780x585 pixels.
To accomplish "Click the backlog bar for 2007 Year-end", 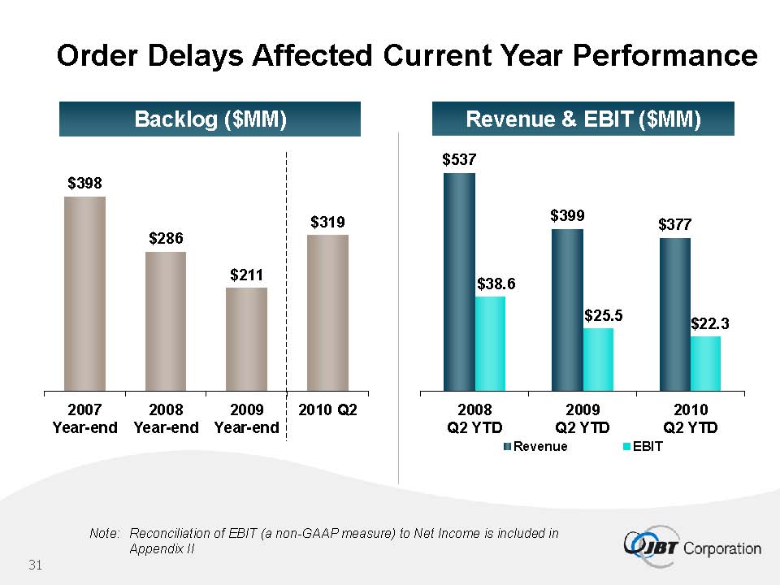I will [84, 293].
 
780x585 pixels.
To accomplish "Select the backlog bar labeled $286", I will [166, 321].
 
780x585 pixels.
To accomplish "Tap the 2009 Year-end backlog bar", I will [246, 339].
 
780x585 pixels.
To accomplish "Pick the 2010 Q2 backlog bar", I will [327, 313].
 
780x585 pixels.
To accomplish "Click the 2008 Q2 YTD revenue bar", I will [459, 281].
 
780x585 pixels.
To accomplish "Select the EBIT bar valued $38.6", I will [490, 343].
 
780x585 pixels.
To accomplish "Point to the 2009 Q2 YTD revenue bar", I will [567, 310].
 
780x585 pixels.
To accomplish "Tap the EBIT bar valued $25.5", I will [598, 359].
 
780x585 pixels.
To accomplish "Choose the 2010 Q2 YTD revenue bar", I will [674, 314].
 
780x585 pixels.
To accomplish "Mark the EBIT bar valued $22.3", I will [705, 363].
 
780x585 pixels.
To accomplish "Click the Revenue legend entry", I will [535, 446].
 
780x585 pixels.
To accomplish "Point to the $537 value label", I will [459, 160].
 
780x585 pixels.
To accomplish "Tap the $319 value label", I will [327, 221].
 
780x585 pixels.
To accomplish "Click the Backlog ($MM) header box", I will [210, 119].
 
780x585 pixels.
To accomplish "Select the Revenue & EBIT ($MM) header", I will [583, 119].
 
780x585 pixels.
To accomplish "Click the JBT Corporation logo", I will [692, 547].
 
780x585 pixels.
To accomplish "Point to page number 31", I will [35, 564].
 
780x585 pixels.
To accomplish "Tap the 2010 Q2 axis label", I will [327, 410].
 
